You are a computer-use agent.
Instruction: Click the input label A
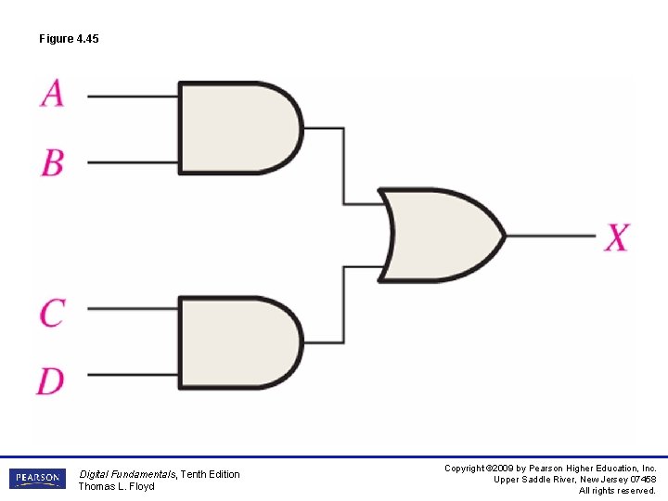(x=53, y=93)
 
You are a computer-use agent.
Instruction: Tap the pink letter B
(x=53, y=162)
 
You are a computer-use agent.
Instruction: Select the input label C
(x=52, y=312)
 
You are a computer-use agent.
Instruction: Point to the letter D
(x=51, y=380)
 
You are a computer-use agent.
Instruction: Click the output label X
(x=617, y=237)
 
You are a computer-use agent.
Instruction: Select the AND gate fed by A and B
(x=237, y=128)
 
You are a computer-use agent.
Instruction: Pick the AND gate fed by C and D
(x=237, y=343)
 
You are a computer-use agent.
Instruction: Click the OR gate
(x=441, y=236)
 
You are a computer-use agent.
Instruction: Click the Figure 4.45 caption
(x=69, y=39)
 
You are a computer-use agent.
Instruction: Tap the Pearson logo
(x=38, y=479)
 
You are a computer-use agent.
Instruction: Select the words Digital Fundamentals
(x=127, y=474)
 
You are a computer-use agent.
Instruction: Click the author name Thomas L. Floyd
(x=116, y=486)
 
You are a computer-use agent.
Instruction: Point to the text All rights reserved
(x=617, y=491)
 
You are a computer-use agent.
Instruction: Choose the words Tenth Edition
(x=210, y=474)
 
